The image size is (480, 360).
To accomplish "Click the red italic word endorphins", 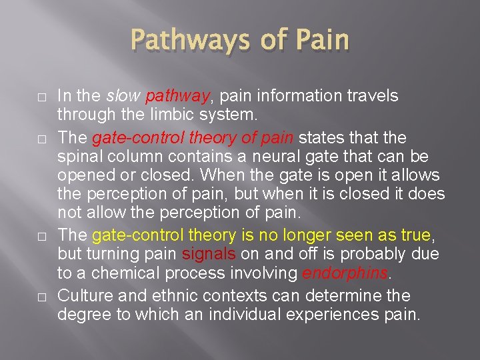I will [x=335, y=274].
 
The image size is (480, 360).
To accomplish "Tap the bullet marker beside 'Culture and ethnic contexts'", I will [x=21, y=295].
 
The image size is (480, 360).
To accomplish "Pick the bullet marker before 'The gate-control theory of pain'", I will [x=21, y=137].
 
